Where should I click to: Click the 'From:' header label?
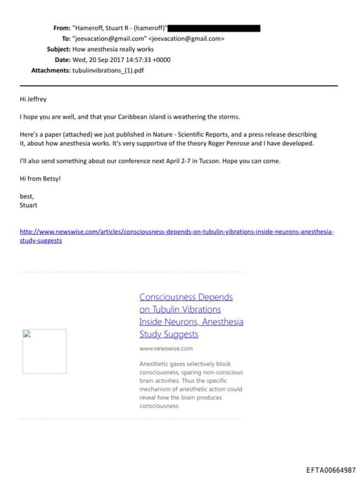[62, 28]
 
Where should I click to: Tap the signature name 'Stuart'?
[29, 205]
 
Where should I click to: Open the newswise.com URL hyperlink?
[176, 231]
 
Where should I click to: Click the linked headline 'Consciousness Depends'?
[186, 297]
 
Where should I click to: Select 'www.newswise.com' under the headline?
[165, 348]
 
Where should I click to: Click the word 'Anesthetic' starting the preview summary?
[155, 364]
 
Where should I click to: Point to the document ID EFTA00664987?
[330, 469]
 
